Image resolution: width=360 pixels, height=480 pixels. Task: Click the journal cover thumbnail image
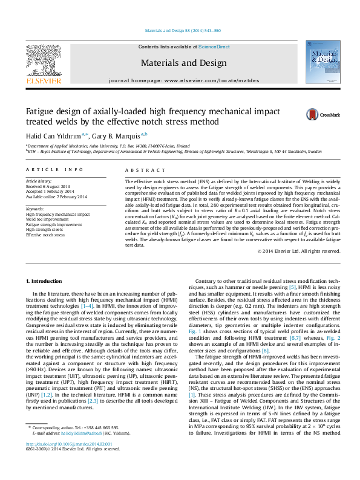(x=322, y=62)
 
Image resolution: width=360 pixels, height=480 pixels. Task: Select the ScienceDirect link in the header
(x=214, y=47)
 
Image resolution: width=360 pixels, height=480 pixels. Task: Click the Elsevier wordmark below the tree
(x=43, y=80)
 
